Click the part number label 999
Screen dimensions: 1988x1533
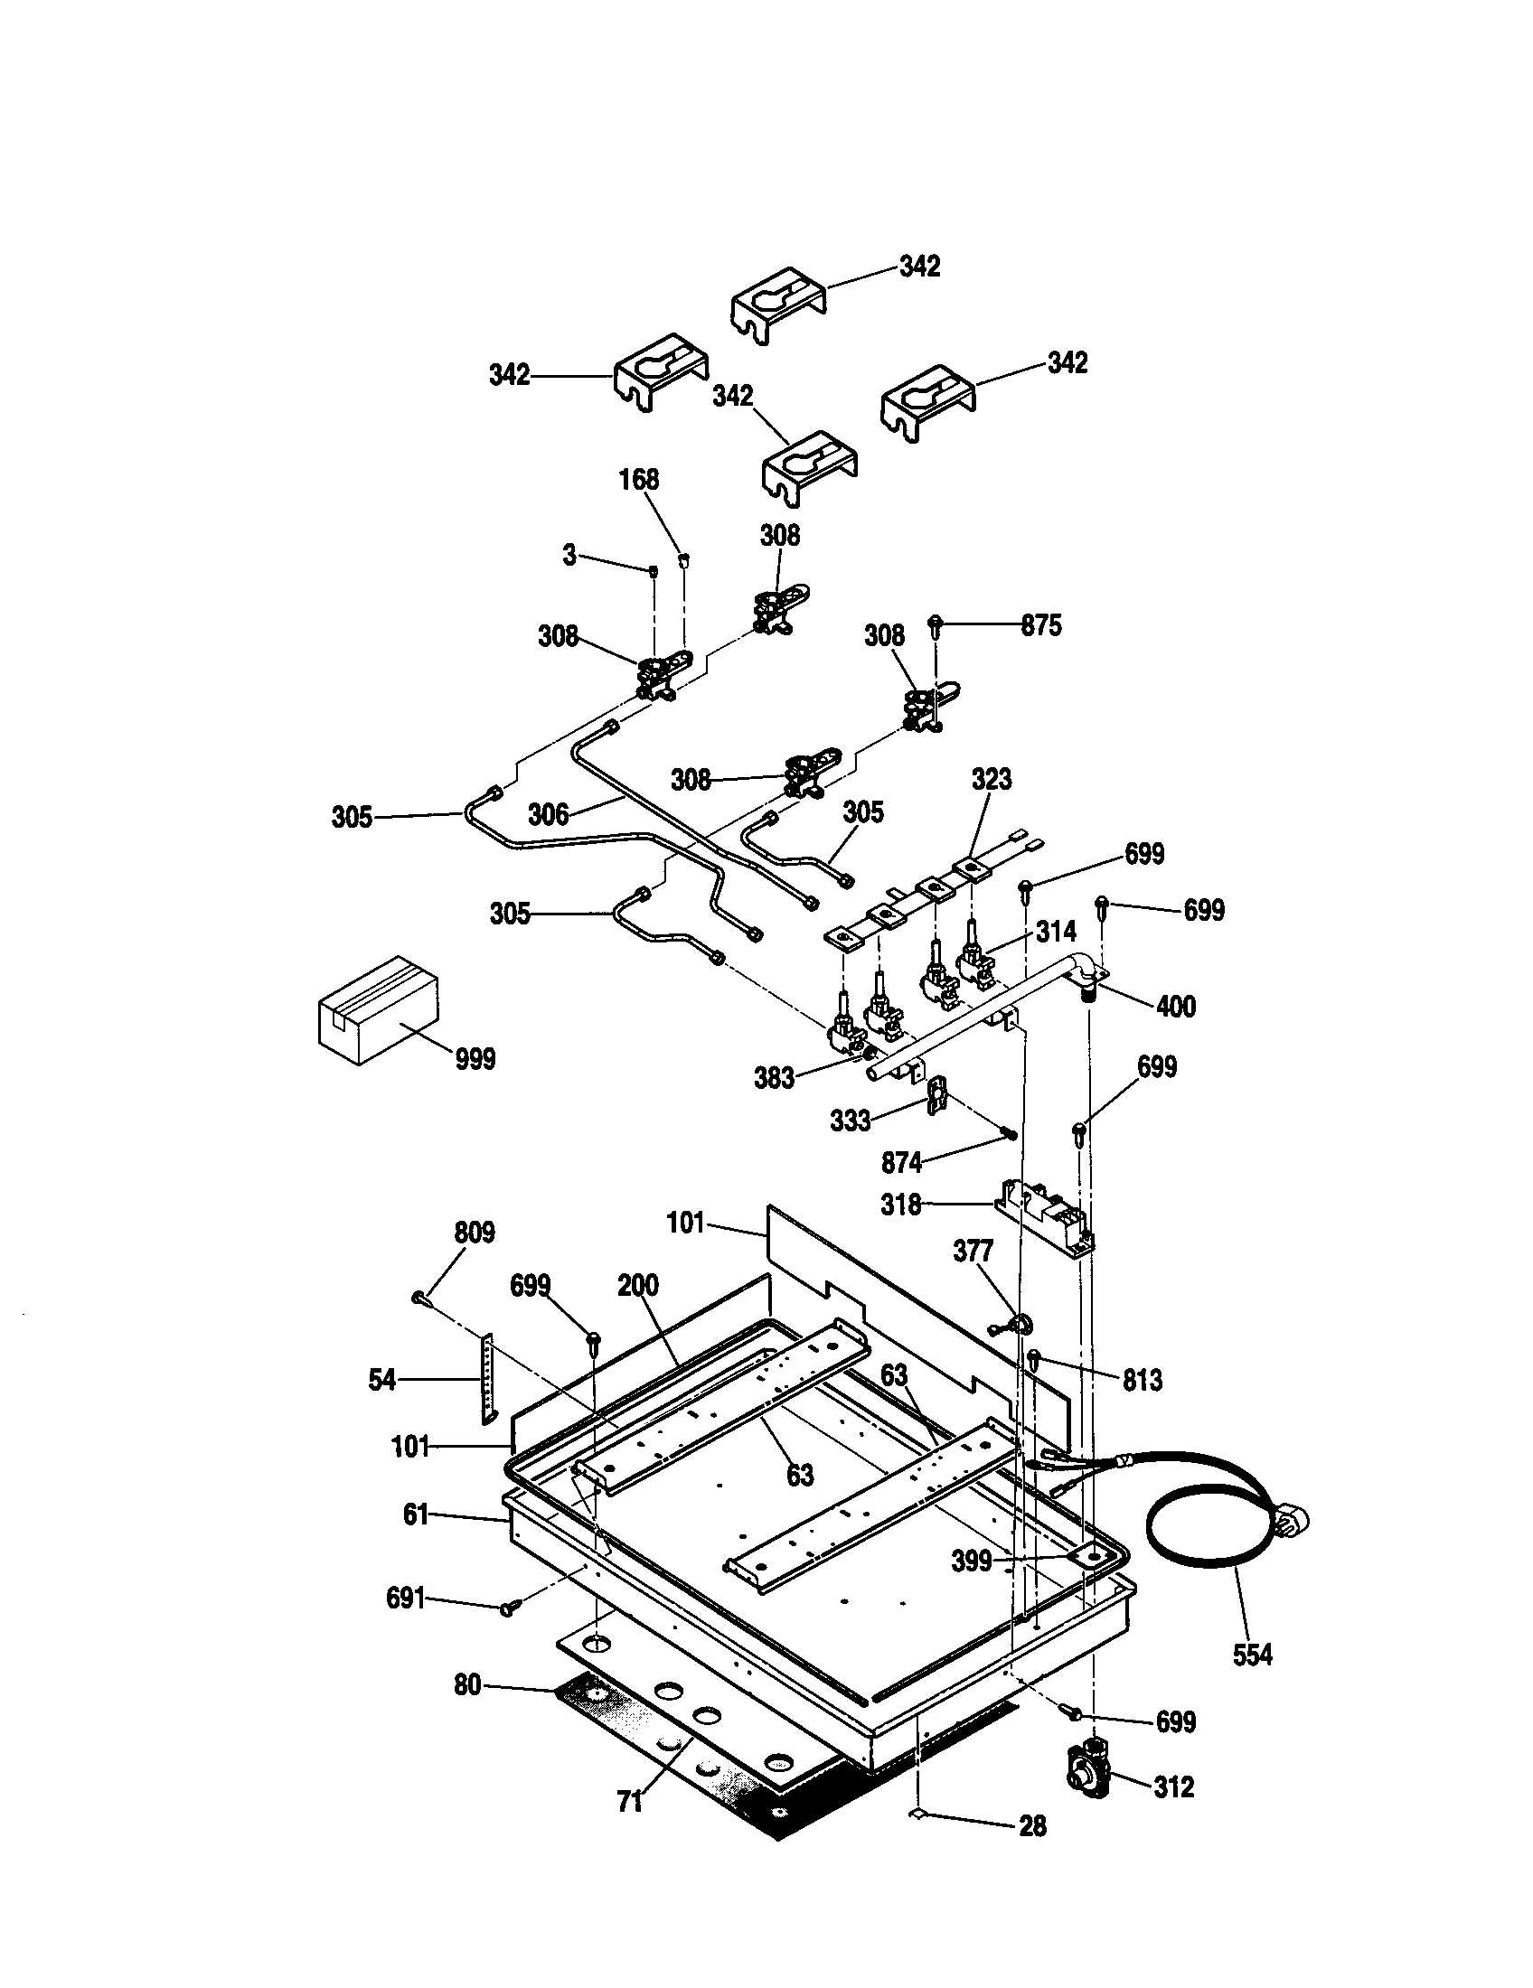click(x=475, y=1060)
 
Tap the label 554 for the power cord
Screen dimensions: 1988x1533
click(x=1252, y=1655)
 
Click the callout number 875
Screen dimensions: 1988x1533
click(x=1040, y=626)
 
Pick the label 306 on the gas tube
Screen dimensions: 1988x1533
click(x=548, y=815)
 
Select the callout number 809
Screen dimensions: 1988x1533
click(x=475, y=1233)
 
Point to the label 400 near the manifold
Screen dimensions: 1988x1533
click(x=1175, y=1007)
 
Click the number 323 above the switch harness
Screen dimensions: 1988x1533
click(x=991, y=779)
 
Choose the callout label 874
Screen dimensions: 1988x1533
click(x=902, y=1162)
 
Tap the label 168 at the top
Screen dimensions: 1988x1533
click(x=639, y=480)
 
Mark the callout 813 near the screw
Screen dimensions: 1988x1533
click(x=1142, y=1381)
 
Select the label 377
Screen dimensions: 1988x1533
click(x=973, y=1252)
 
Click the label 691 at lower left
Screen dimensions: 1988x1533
click(x=405, y=1598)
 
